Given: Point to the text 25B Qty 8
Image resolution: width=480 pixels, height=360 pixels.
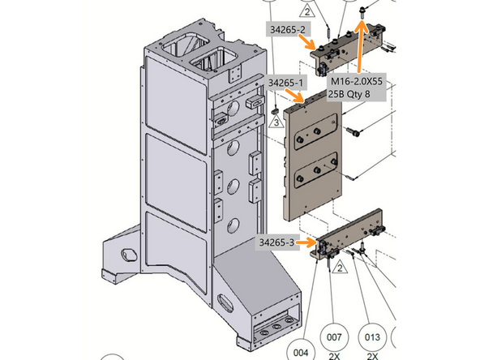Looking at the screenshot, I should click(353, 94).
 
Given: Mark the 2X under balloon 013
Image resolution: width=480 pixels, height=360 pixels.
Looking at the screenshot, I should click(372, 355).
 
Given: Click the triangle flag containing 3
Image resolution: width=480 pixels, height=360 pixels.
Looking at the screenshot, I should click(276, 122).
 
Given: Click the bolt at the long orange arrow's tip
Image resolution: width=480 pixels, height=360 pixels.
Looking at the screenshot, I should click(362, 11).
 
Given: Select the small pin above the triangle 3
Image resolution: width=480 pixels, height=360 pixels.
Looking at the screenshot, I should click(275, 109).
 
